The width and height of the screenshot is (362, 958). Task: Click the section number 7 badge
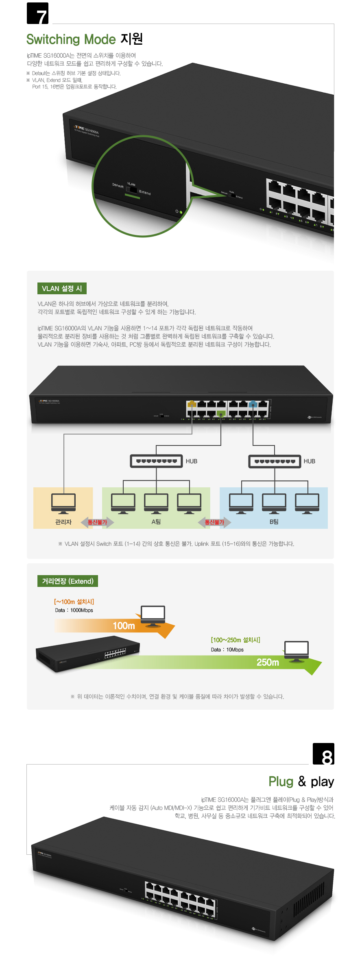[37, 13]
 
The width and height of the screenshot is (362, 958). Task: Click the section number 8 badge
[323, 754]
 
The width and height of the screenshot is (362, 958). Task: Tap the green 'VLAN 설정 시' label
[62, 289]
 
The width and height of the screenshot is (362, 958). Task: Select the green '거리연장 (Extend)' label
[68, 581]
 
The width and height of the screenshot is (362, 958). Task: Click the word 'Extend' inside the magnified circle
[145, 192]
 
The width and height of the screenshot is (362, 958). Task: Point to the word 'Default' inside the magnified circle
[118, 185]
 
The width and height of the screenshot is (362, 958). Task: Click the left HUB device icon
[156, 461]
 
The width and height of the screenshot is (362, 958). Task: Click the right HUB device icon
[275, 461]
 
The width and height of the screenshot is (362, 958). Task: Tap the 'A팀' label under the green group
[156, 522]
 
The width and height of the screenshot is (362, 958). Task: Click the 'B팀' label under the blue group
[274, 522]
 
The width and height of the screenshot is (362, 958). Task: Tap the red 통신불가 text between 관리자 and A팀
[98, 522]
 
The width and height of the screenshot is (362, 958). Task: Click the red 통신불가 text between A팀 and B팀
[214, 522]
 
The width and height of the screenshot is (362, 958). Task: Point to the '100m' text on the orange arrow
[124, 626]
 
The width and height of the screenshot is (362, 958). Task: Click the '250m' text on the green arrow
[268, 663]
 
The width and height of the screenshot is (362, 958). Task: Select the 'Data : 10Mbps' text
[227, 650]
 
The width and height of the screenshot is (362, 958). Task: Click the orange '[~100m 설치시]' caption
[74, 602]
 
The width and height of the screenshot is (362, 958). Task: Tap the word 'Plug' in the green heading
[281, 782]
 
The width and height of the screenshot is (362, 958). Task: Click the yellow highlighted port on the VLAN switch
[191, 404]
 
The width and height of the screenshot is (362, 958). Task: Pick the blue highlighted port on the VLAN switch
[253, 404]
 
